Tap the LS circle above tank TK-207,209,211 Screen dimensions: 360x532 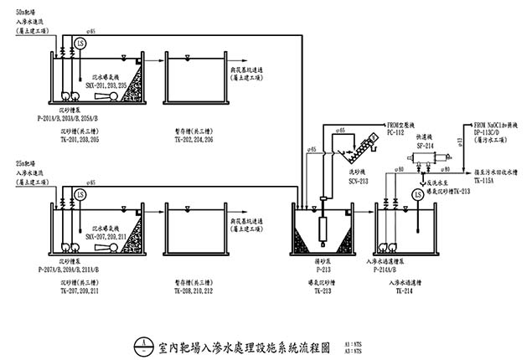[x=80, y=193]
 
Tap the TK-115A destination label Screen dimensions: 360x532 [x=486, y=180]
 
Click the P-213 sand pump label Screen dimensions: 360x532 [x=324, y=270]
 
